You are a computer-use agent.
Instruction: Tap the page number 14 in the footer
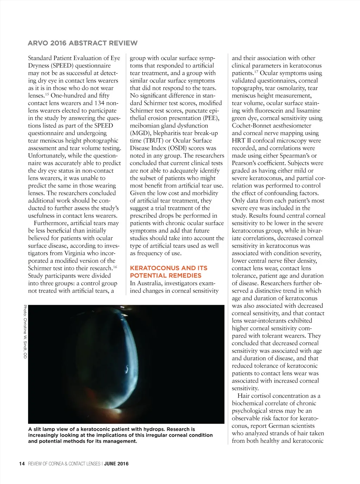[x=22, y=464]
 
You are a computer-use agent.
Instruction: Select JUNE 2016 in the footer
[x=116, y=464]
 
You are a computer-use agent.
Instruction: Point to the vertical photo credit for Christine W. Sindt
[x=25, y=331]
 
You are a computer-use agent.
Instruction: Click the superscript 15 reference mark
[x=46, y=94]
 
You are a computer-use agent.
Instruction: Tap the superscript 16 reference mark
[x=115, y=267]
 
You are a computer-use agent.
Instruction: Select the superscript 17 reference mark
[x=256, y=71]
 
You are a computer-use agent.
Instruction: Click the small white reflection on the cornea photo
[x=126, y=369]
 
